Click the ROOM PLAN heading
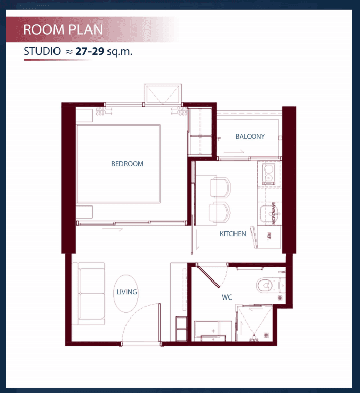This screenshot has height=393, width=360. (x=63, y=30)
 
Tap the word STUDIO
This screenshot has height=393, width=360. (x=42, y=51)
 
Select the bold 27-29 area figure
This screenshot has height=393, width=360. (x=90, y=51)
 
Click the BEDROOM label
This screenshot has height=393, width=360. (x=127, y=164)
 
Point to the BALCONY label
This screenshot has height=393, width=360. (x=250, y=136)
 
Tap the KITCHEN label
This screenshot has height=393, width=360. (x=233, y=234)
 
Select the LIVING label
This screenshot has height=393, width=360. (x=127, y=292)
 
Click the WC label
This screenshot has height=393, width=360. (x=227, y=297)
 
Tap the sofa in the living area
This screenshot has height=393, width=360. (x=89, y=294)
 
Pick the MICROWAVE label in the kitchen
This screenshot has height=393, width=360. (x=274, y=213)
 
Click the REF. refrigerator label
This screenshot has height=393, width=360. (x=269, y=236)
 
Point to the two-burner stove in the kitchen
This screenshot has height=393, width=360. (x=268, y=174)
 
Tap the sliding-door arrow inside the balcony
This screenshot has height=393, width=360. (x=234, y=152)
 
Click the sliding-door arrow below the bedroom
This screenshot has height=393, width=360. (x=113, y=229)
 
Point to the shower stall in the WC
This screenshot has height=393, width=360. (x=255, y=323)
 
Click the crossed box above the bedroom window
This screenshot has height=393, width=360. (x=163, y=94)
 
